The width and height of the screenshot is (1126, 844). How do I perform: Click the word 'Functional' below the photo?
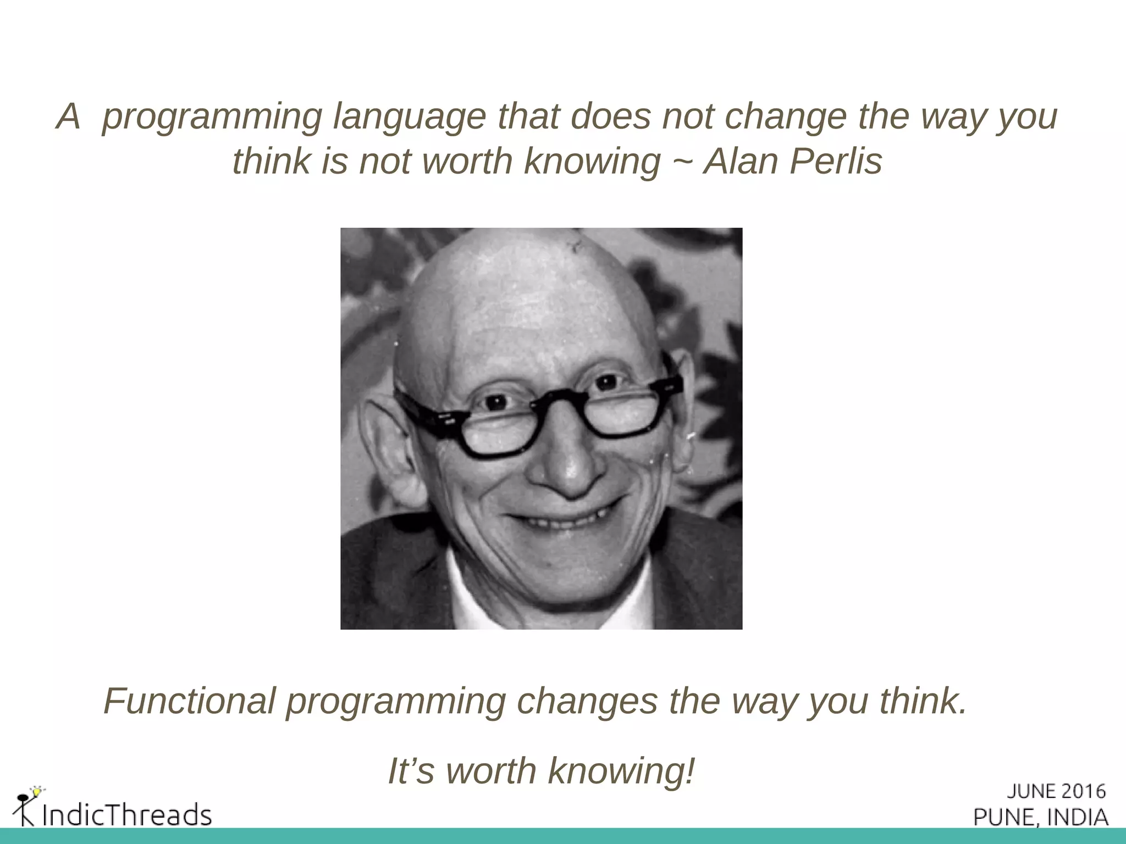(x=189, y=702)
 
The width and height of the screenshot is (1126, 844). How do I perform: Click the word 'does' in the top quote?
(x=611, y=116)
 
